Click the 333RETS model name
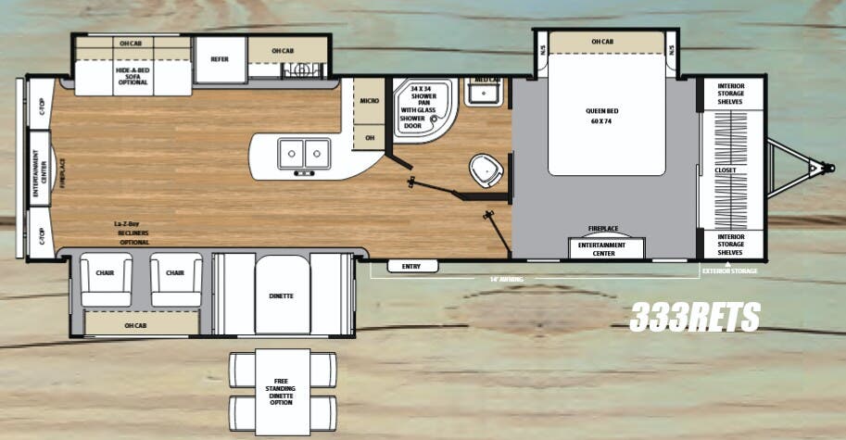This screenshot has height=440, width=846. (x=695, y=318)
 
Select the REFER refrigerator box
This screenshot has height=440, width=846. (x=220, y=58)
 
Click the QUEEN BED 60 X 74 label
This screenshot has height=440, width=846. (x=601, y=115)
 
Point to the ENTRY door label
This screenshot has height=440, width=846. (x=411, y=267)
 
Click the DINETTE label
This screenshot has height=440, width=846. (x=282, y=295)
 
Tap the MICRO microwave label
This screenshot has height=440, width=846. (x=368, y=100)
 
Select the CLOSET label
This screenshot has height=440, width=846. (x=726, y=170)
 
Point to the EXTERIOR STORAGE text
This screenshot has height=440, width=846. (x=729, y=270)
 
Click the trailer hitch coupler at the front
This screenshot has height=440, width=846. (x=818, y=170)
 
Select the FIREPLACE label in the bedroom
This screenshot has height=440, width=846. (x=603, y=228)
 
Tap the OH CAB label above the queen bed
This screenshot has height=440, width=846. (x=601, y=42)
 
